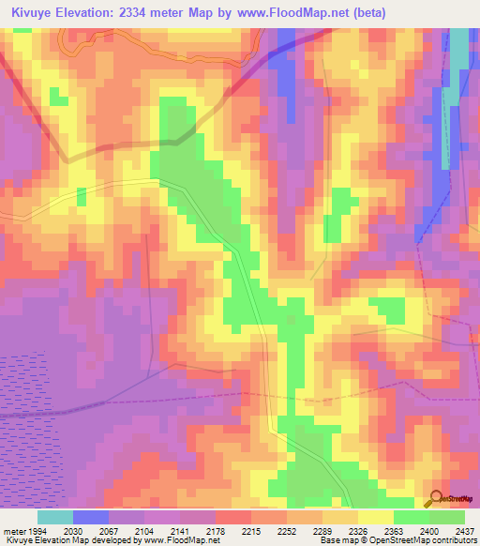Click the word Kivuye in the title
pyautogui.click(x=35, y=12)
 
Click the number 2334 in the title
pyautogui.click(x=153, y=12)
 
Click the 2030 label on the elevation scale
pyautogui.click(x=73, y=532)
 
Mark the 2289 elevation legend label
pyautogui.click(x=322, y=532)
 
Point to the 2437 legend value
pyautogui.click(x=463, y=532)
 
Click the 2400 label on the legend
pyautogui.click(x=427, y=532)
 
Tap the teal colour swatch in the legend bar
pyautogui.click(x=55, y=517)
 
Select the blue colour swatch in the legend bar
pyautogui.click(x=91, y=517)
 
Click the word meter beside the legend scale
pyautogui.click(x=10, y=532)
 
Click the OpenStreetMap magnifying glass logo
pyautogui.click(x=433, y=497)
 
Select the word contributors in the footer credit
pyautogui.click(x=452, y=541)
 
